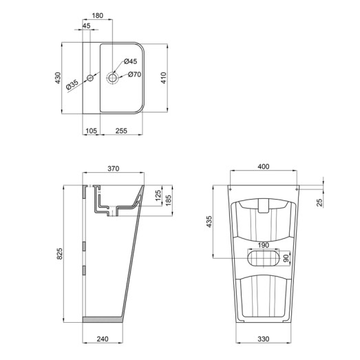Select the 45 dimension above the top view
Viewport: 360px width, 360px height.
(x=86, y=26)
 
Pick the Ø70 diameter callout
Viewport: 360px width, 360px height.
(x=134, y=74)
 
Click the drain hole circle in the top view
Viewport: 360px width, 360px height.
(x=112, y=78)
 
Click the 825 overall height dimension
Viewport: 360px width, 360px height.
(x=59, y=253)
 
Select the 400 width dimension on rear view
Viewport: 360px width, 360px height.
(x=264, y=167)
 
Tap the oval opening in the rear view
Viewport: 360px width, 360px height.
(x=264, y=258)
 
